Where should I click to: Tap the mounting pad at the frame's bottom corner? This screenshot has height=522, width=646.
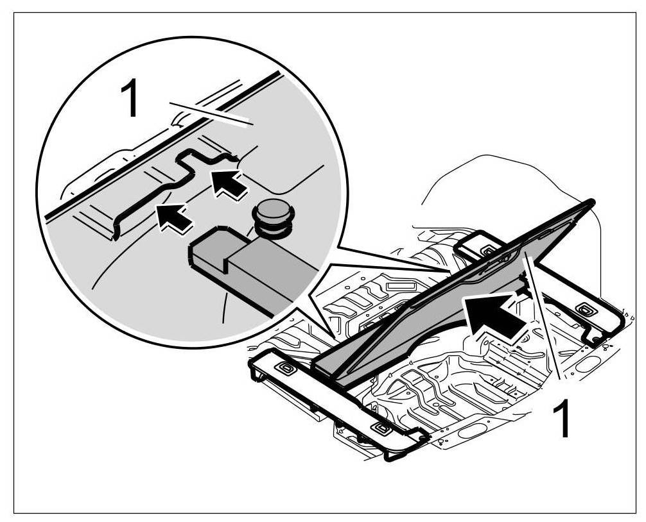tap(382, 428)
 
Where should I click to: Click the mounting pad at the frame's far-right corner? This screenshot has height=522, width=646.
tap(585, 308)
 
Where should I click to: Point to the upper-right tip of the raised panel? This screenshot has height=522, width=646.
tap(589, 205)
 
